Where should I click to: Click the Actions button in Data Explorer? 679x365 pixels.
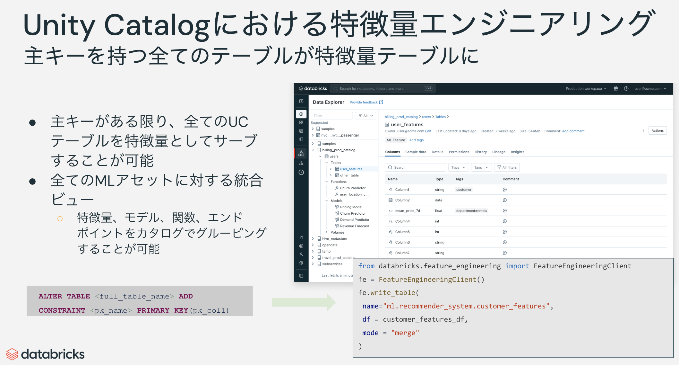[657, 130]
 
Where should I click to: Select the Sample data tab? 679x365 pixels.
[416, 152]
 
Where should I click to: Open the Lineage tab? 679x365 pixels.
[499, 152]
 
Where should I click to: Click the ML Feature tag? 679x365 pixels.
[396, 140]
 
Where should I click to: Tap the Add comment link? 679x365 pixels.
[573, 131]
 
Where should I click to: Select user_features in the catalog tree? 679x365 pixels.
[351, 169]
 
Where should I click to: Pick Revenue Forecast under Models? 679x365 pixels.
[354, 226]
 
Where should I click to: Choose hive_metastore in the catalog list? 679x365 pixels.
[334, 239]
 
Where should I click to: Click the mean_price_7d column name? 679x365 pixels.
[408, 211]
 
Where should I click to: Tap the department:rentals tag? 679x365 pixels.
[471, 211]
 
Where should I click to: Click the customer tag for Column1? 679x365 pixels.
[464, 190]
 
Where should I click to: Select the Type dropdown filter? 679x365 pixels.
[458, 167]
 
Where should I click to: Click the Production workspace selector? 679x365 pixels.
[586, 89]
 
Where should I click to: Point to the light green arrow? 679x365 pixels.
[303, 302]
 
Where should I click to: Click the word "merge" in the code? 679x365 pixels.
[405, 333]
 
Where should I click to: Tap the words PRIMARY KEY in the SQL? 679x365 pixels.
[162, 310]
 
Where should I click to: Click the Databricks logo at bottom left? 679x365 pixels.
[45, 354]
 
